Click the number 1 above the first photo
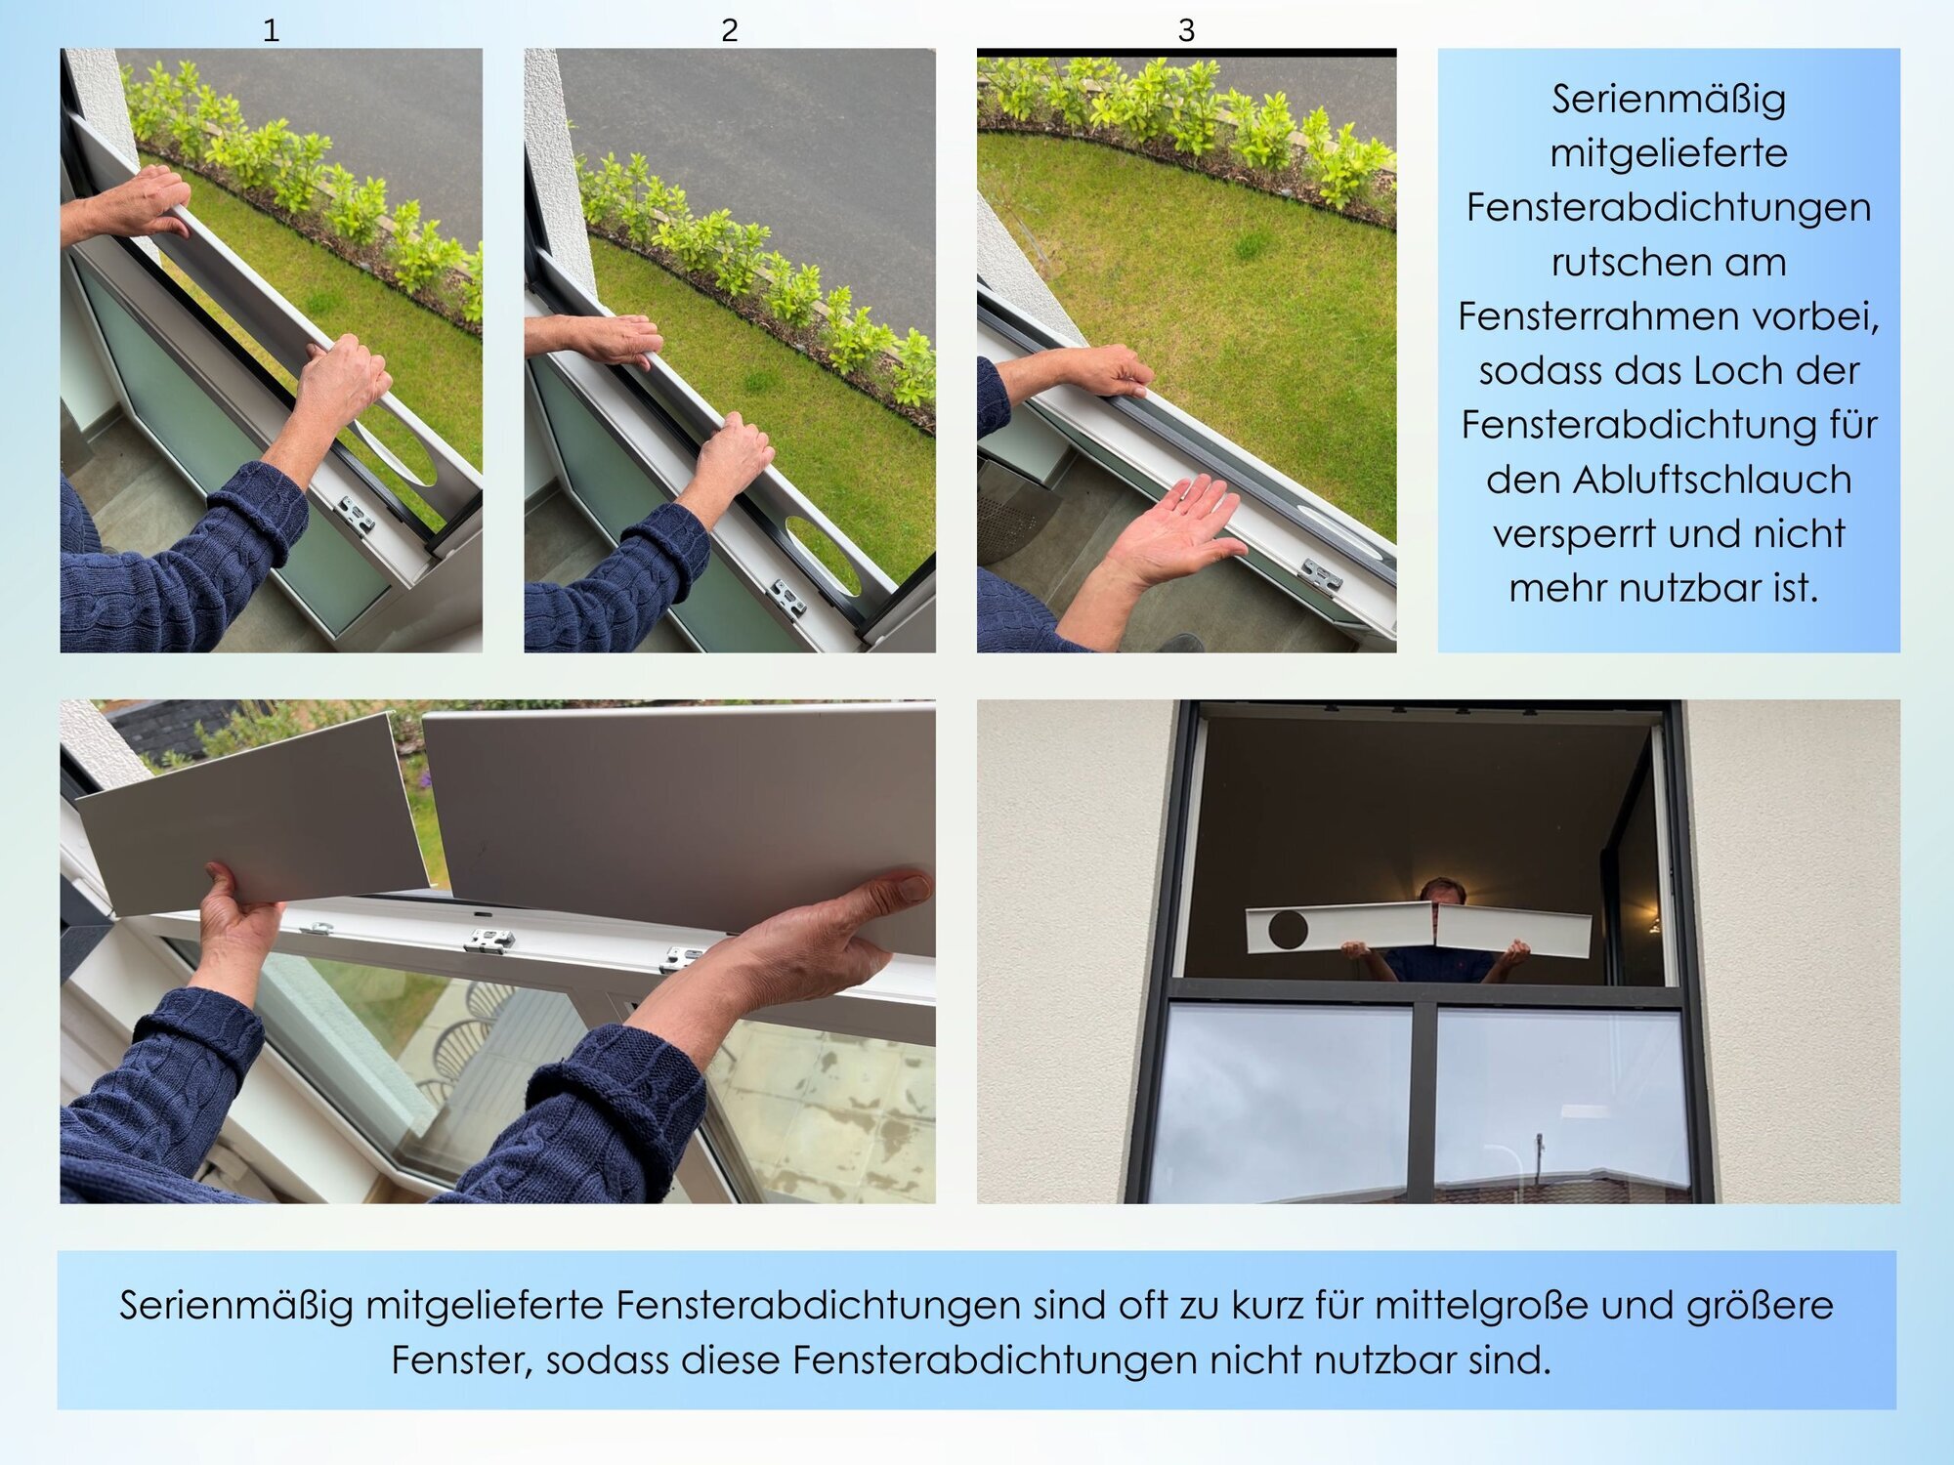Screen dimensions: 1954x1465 click(272, 30)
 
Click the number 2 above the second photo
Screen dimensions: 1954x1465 click(729, 30)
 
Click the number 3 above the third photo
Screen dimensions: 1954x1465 click(1186, 30)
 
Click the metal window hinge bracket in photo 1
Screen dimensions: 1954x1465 click(354, 515)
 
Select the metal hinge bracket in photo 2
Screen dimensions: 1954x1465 click(787, 598)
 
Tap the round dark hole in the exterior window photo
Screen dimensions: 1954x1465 click(1288, 929)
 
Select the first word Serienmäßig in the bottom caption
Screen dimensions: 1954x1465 click(235, 1306)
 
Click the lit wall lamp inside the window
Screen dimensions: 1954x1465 click(1653, 921)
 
